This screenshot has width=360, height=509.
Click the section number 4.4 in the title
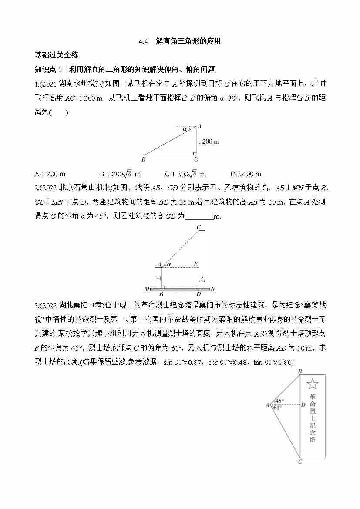144,42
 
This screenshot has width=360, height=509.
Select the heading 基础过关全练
56,55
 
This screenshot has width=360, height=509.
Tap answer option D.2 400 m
246,174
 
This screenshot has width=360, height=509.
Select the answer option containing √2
117,174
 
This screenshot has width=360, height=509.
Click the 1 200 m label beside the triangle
208,142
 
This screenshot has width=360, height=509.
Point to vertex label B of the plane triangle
144,159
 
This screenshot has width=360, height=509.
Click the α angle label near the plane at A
185,129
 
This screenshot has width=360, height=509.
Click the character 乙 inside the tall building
201,279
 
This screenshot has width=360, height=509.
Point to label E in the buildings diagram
195,264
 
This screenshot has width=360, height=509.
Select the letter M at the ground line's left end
147,289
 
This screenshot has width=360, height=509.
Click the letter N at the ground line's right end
213,289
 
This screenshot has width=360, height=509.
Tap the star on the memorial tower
313,384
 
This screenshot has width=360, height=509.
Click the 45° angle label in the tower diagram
279,401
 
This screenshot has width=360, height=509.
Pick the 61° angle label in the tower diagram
277,408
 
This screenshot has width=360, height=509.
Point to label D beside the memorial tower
303,405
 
